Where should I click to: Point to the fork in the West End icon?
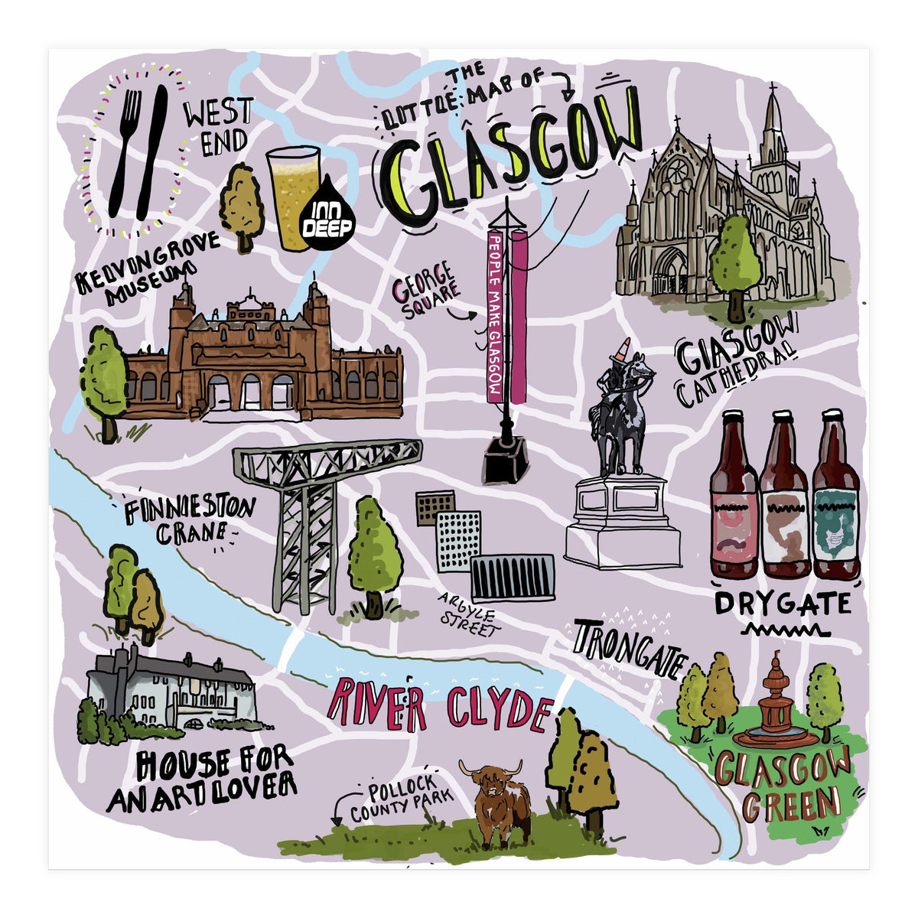point(127,149)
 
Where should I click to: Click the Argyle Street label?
point(467,617)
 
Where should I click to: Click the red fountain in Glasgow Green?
point(775,708)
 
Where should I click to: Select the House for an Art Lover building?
point(172,688)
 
